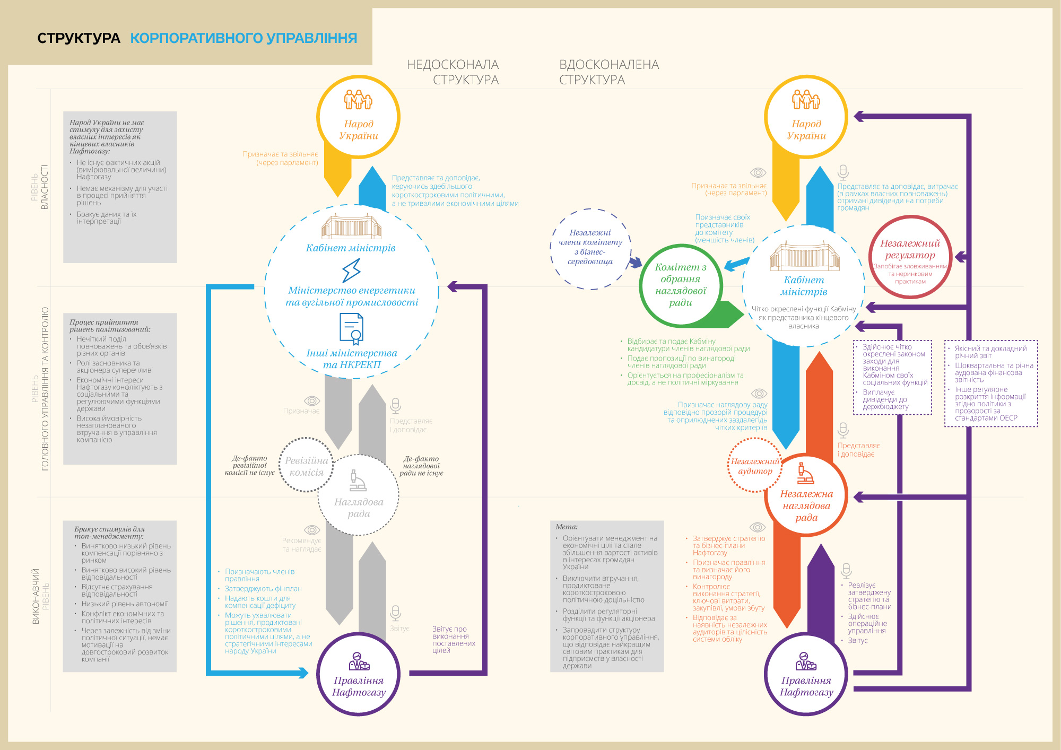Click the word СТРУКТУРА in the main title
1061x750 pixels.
tap(79, 38)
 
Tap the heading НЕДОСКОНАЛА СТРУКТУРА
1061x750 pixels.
tap(453, 72)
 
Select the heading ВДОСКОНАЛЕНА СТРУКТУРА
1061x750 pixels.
tap(609, 72)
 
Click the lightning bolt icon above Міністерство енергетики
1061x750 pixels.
tap(351, 271)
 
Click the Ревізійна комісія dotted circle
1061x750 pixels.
tap(306, 466)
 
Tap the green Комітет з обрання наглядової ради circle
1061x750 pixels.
tap(681, 285)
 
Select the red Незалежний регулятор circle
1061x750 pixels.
tap(910, 257)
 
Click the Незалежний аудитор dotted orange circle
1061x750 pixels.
tap(754, 466)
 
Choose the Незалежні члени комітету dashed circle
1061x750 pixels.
tap(590, 248)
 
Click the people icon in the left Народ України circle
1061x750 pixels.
tap(358, 99)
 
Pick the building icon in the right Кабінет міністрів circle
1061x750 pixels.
tap(804, 256)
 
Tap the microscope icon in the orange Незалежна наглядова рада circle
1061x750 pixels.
tap(805, 473)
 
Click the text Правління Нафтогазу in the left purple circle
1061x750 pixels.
tap(359, 686)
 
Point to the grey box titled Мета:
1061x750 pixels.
tap(607, 596)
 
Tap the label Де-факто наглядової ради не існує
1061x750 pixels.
tap(421, 466)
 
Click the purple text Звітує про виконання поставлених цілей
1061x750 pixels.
tap(453, 640)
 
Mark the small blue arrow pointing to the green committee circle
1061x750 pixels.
tap(736, 264)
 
